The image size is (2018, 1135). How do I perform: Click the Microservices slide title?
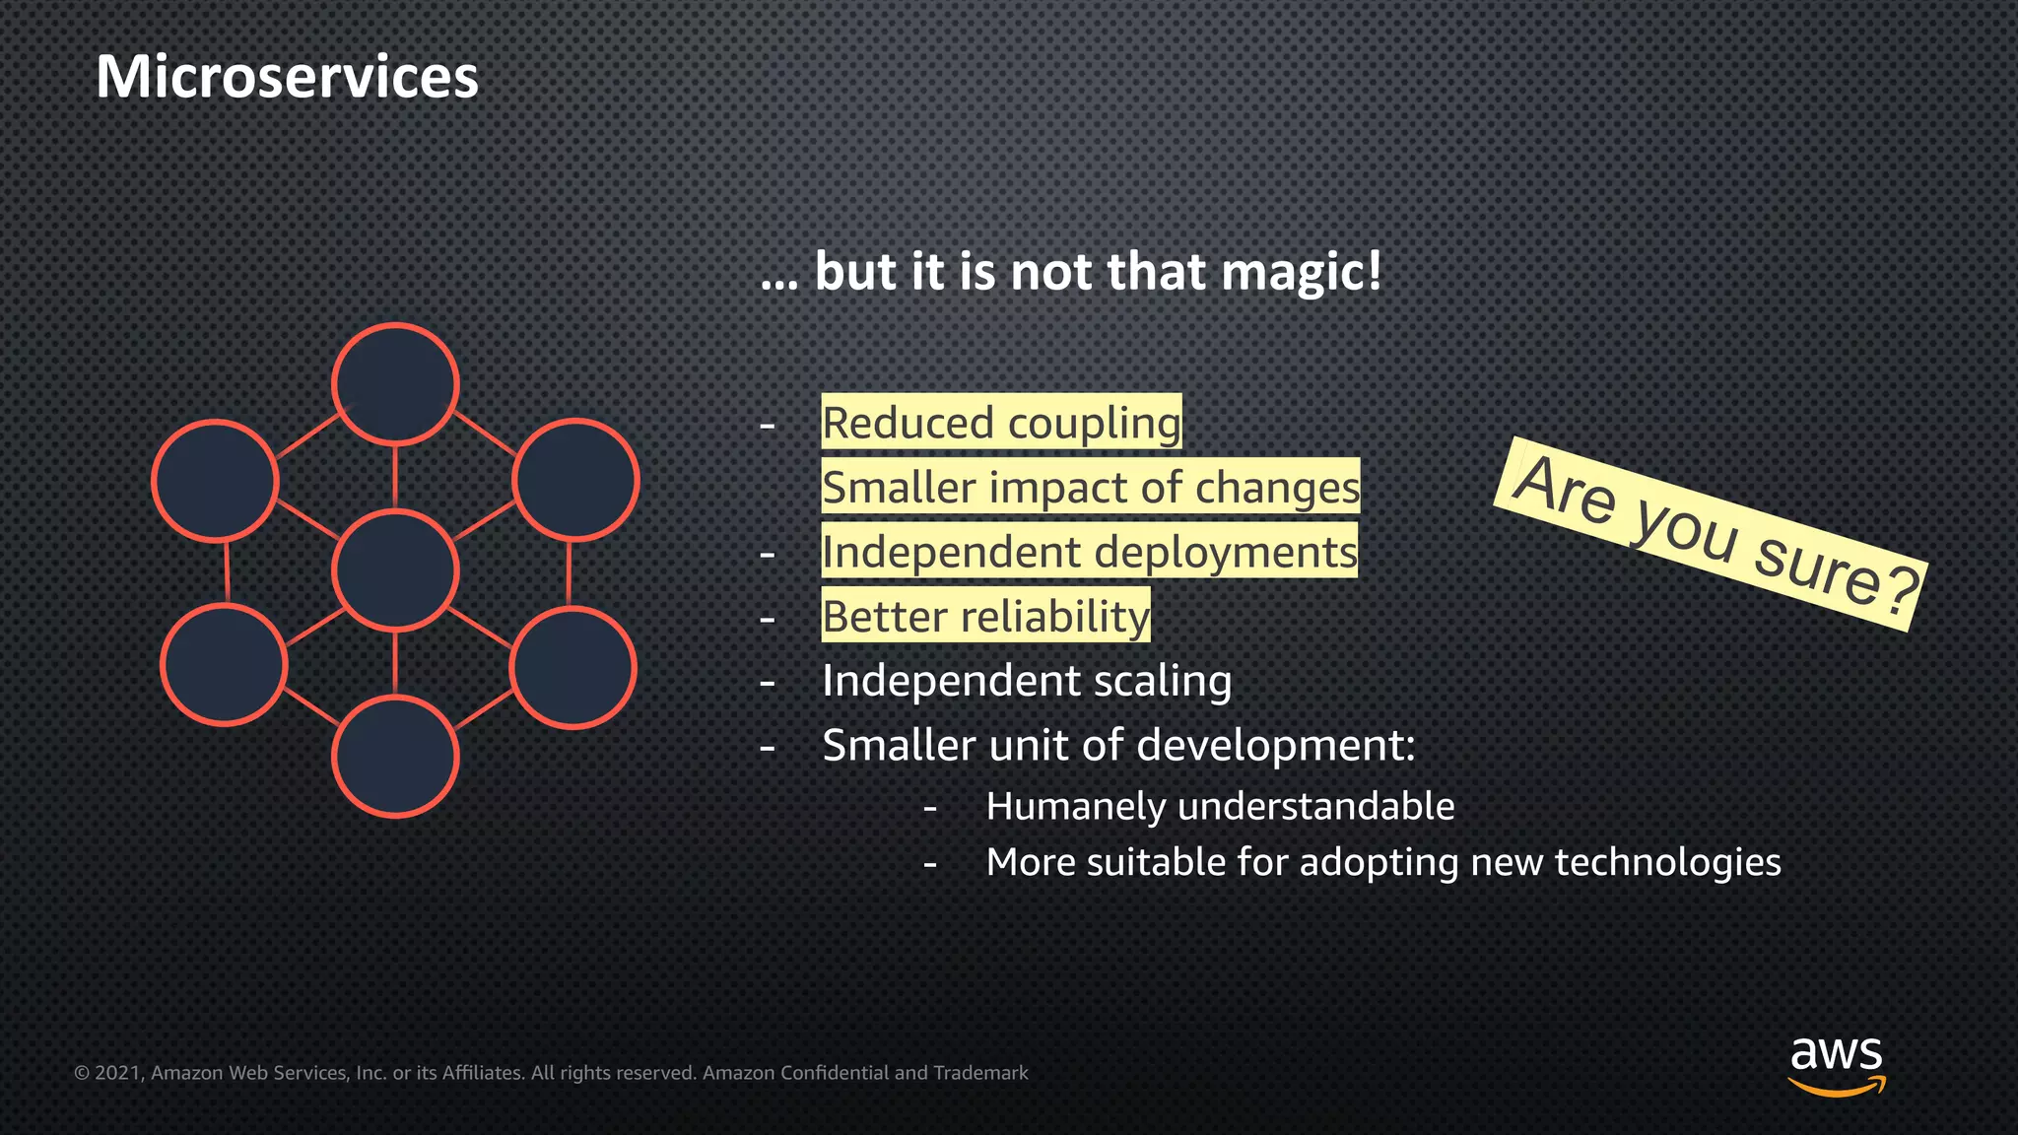click(287, 77)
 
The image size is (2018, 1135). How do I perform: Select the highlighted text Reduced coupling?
click(1001, 423)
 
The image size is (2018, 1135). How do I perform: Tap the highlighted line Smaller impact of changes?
click(1090, 487)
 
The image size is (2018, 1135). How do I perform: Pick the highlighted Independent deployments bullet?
click(1089, 552)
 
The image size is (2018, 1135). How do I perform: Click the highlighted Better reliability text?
click(985, 617)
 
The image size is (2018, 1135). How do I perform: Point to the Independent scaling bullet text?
click(1027, 681)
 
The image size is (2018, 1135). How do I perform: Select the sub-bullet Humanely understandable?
click(1220, 807)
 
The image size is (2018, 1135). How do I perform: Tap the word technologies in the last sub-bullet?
click(1667, 862)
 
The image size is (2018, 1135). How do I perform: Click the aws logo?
click(1836, 1064)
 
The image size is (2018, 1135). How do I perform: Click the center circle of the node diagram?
click(395, 570)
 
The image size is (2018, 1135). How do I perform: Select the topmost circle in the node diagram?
click(395, 384)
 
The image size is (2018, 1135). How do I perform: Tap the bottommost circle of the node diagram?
click(395, 757)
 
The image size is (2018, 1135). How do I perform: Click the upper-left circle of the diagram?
click(215, 481)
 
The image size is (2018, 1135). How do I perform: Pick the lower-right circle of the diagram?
click(572, 668)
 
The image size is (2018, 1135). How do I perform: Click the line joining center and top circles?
click(395, 477)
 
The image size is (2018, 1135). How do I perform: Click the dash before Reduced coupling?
click(768, 426)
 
